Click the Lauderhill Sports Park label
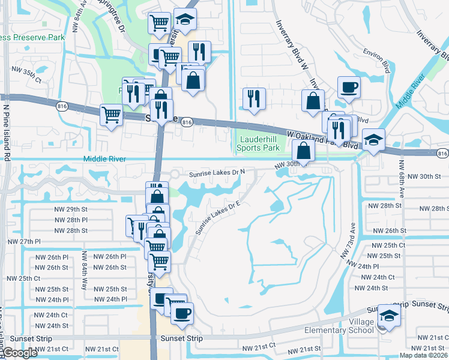(x=258, y=143)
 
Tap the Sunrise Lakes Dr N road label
(x=217, y=173)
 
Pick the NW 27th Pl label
(x=23, y=241)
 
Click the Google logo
(x=20, y=353)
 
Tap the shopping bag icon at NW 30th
(x=304, y=151)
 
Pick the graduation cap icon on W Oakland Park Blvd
(x=373, y=141)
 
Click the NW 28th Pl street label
(x=71, y=220)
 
